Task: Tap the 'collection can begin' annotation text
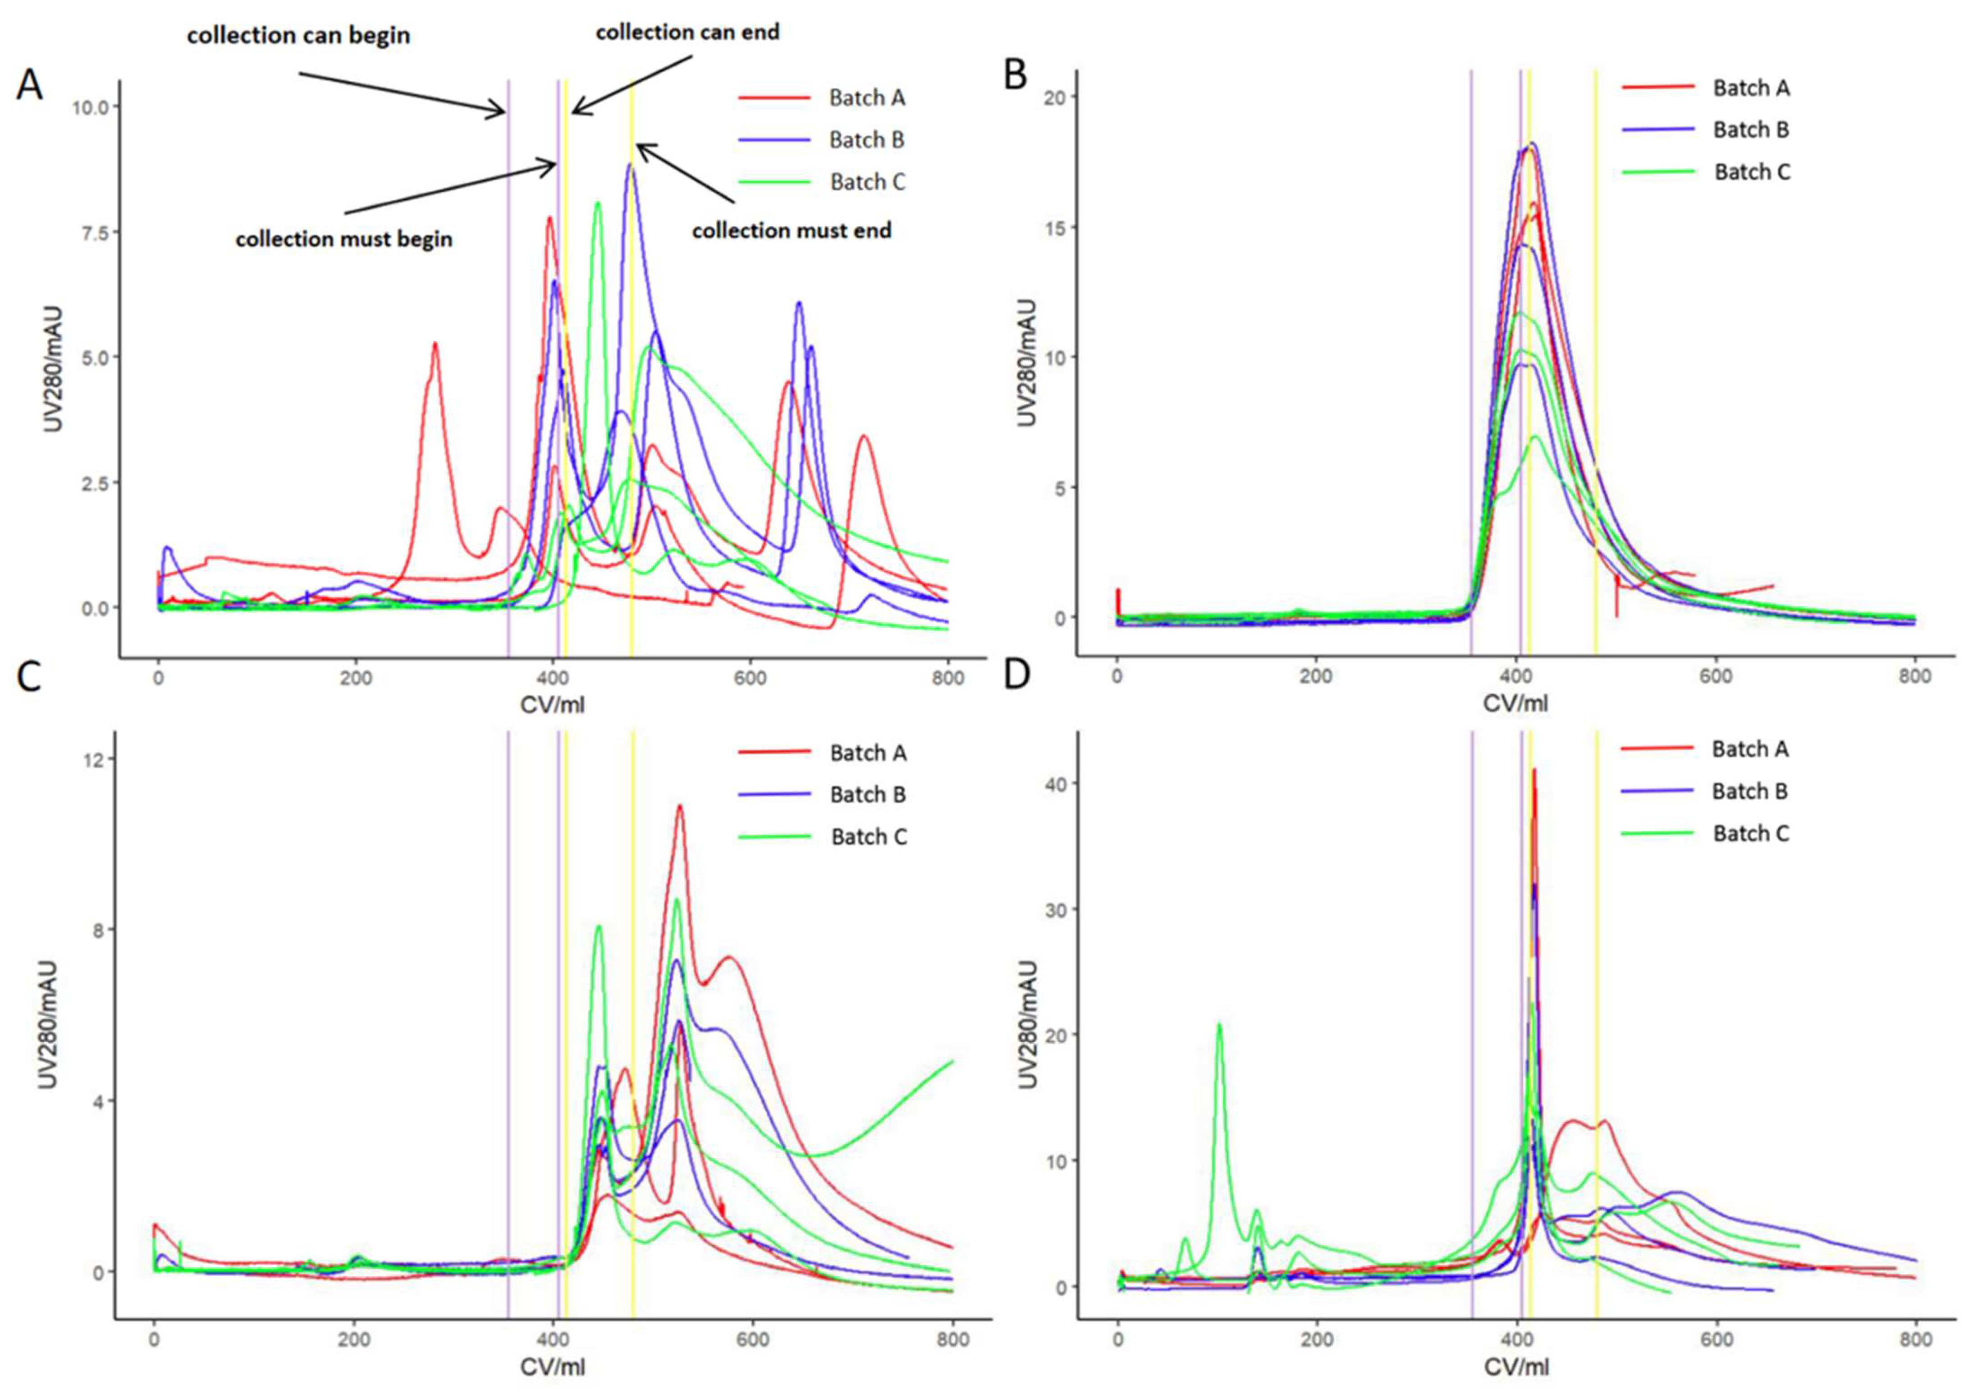298,36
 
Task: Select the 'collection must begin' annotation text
344,239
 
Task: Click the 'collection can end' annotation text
687,32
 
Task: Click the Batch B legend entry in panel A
866,140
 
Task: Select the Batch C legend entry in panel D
1750,834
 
